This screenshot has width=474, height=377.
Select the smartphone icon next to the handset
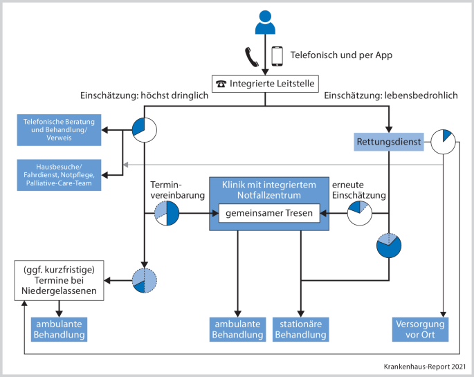[277, 55]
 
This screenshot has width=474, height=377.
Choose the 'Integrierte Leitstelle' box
[265, 84]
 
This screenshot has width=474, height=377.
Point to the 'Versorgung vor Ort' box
[421, 329]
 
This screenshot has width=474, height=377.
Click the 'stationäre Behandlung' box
[300, 329]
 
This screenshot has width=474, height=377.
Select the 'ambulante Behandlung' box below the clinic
[237, 329]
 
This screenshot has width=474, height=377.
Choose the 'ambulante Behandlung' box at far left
[60, 329]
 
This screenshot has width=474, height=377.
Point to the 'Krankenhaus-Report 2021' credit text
[425, 367]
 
